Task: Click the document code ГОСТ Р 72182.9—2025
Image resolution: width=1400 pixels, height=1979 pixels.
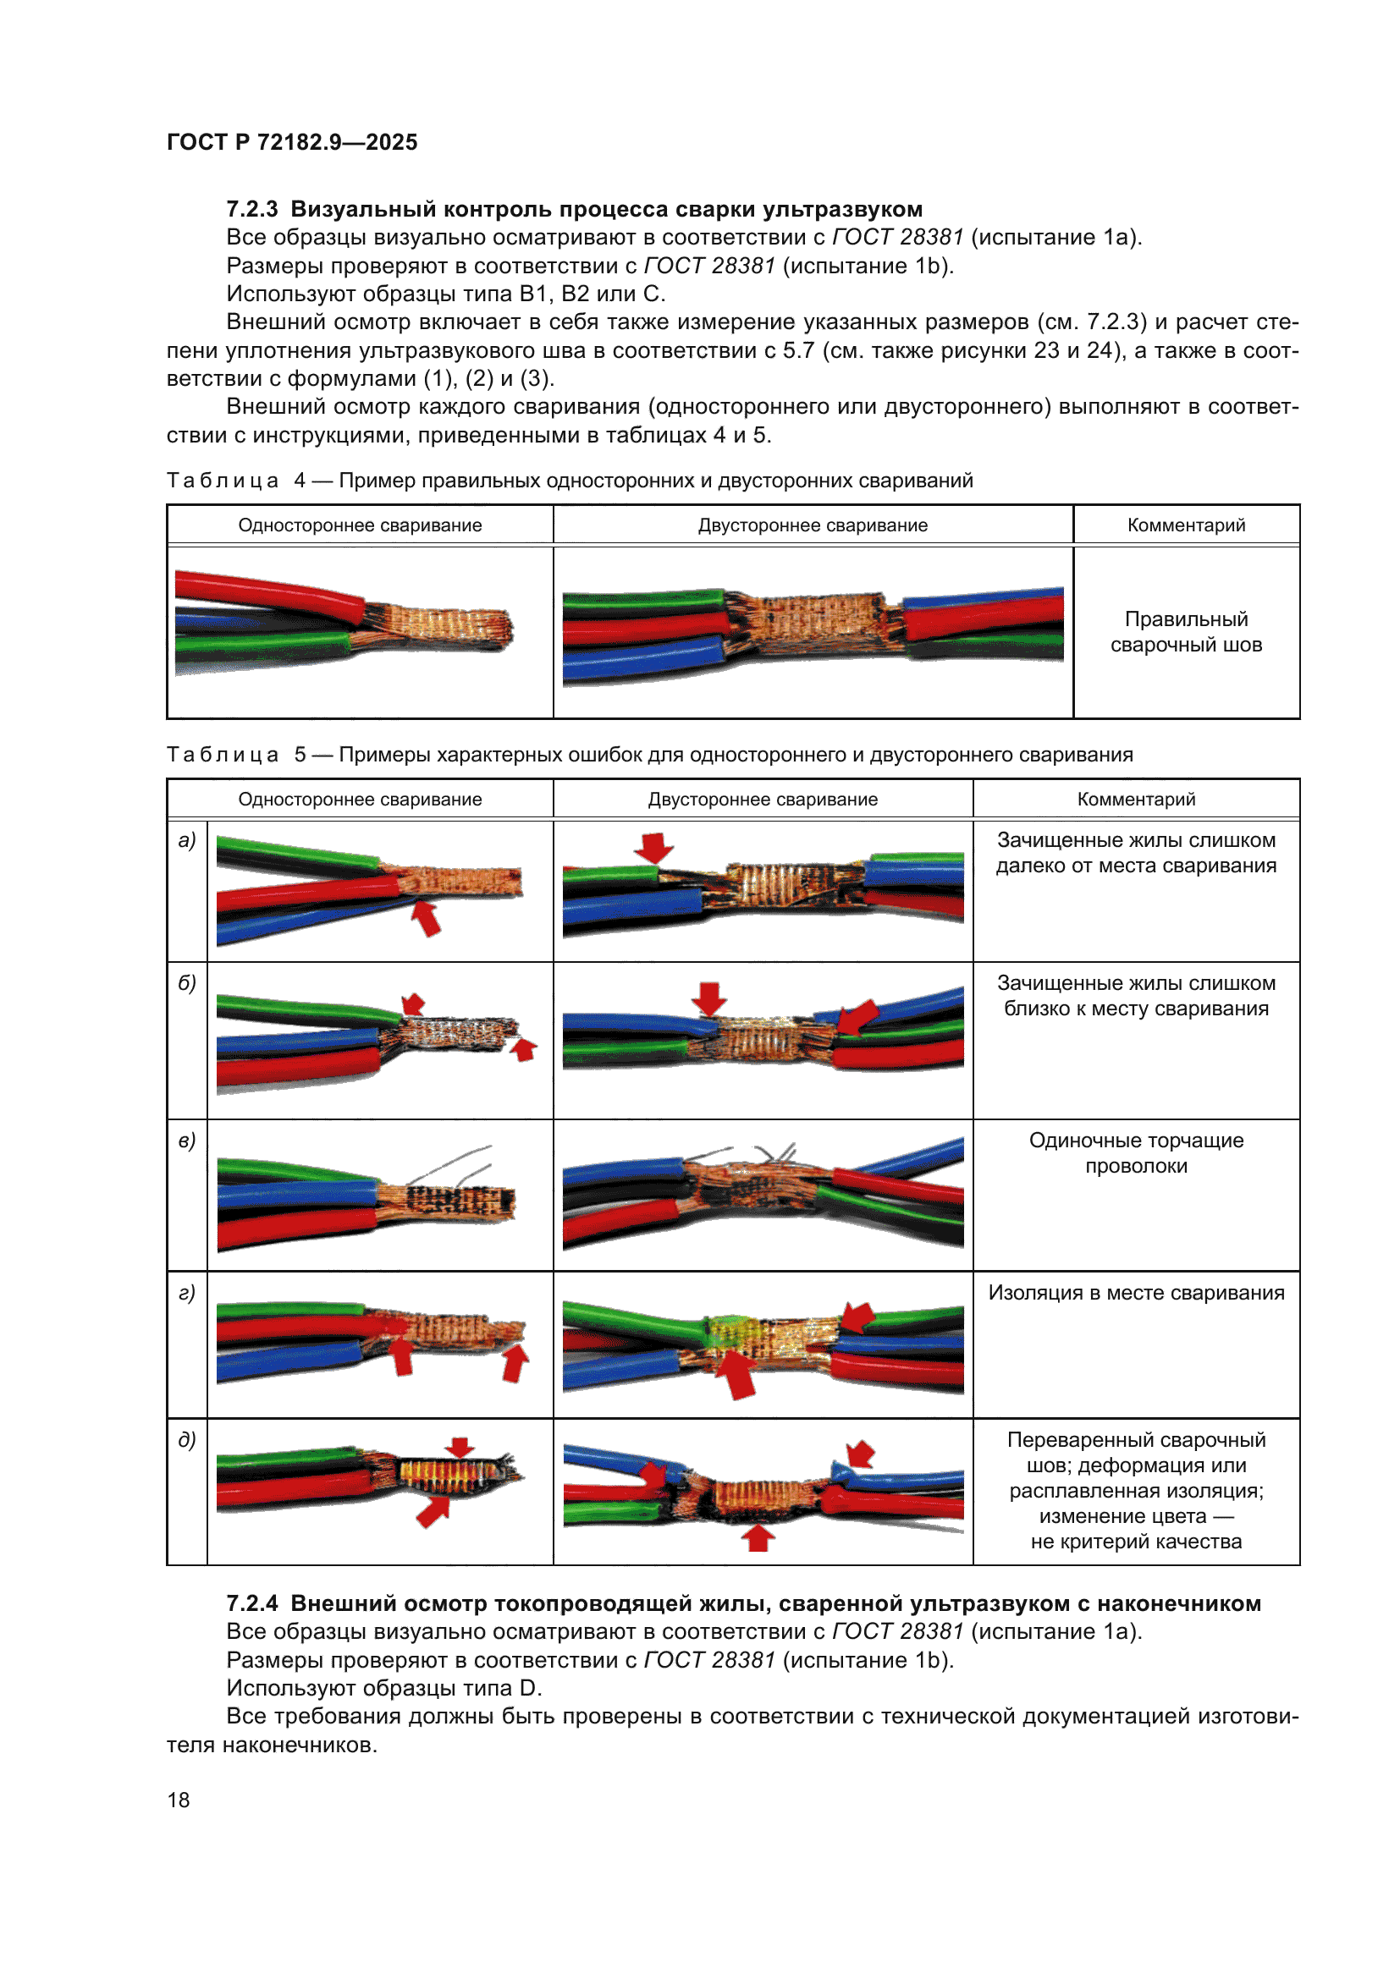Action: point(291,142)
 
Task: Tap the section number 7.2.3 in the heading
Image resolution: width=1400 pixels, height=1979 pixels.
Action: point(251,210)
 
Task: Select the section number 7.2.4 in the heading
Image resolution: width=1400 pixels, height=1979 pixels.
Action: point(251,1603)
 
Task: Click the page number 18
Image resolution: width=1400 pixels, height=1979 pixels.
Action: point(179,1800)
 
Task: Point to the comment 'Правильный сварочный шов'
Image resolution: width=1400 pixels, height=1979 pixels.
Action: point(1185,632)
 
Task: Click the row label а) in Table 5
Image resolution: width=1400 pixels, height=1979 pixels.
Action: point(187,839)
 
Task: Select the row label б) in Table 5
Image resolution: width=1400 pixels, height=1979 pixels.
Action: point(187,982)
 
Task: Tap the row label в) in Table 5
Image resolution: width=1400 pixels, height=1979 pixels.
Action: point(187,1141)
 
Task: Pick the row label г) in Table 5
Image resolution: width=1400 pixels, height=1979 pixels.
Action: point(187,1293)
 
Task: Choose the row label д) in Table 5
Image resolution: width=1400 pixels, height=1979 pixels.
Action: point(187,1439)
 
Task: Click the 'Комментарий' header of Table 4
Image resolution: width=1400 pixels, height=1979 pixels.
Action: point(1185,525)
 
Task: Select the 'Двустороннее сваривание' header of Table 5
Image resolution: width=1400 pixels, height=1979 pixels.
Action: point(762,799)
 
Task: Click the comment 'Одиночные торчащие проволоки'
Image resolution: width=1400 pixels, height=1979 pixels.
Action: point(1135,1152)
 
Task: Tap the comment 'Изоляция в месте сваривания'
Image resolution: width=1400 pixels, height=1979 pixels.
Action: point(1135,1293)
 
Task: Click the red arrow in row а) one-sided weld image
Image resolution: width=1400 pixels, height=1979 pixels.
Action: point(425,917)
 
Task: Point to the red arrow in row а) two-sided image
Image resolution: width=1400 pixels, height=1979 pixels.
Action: point(654,846)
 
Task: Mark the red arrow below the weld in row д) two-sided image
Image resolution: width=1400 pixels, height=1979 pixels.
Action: point(758,1536)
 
